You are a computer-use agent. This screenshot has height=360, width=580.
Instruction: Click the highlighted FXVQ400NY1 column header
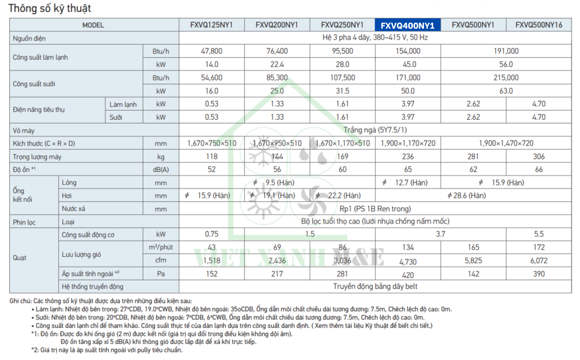407,25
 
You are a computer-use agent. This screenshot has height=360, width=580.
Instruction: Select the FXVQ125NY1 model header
211,25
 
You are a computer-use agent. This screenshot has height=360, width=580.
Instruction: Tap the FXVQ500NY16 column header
539,25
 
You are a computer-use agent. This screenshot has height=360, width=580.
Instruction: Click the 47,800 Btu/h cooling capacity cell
211,51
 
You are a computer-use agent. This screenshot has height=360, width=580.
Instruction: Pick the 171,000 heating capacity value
407,77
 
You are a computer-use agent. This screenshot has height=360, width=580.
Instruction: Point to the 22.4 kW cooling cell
277,64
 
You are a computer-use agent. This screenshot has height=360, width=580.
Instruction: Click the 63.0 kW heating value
506,91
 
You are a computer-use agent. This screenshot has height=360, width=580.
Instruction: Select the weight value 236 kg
407,156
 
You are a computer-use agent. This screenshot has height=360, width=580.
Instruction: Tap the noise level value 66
539,170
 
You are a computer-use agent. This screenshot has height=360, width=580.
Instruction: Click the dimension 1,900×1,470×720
506,143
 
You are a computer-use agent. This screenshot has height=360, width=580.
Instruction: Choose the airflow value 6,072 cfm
539,260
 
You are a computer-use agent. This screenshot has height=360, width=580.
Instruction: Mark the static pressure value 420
407,274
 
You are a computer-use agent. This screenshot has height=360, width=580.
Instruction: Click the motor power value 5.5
539,234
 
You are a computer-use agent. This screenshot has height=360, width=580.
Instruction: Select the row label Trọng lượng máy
37,156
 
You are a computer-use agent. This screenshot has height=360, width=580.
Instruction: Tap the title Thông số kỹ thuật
50,9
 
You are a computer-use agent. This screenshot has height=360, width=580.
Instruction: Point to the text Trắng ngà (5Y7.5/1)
376,130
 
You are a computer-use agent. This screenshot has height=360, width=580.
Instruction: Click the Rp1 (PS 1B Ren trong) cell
375,209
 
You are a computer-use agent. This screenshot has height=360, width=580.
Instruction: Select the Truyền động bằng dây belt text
375,286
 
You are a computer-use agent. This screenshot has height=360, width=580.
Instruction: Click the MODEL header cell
93,25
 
